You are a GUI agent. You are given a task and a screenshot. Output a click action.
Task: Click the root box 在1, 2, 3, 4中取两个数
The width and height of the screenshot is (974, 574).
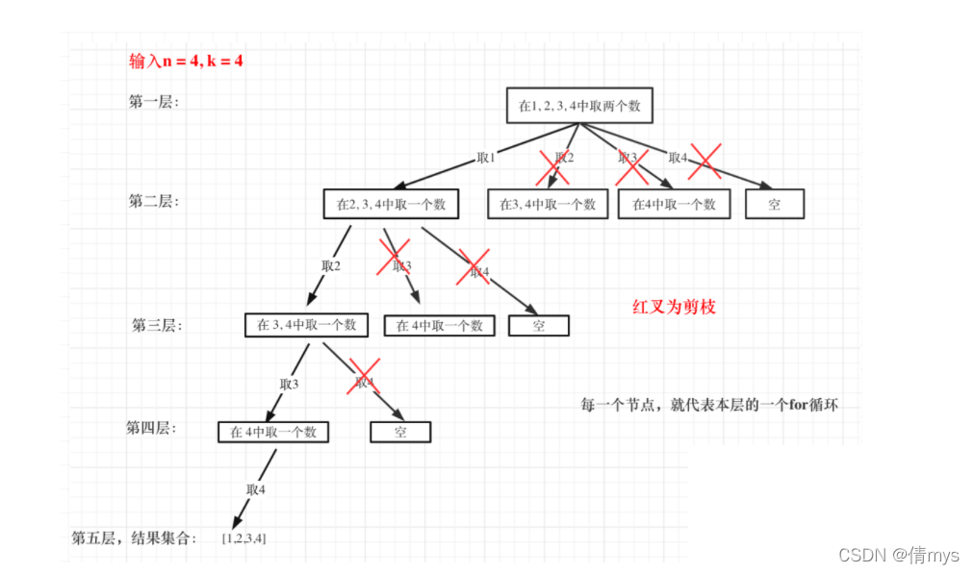pos(579,106)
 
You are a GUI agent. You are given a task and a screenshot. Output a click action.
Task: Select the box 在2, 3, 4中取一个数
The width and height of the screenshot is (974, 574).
pos(391,204)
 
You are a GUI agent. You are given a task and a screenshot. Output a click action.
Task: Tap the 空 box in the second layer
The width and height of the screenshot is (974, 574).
pos(775,204)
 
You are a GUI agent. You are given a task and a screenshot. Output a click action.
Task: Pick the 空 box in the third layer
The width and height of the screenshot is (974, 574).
pos(539,325)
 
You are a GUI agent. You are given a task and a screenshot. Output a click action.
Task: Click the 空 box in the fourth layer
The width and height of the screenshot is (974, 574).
pos(400,432)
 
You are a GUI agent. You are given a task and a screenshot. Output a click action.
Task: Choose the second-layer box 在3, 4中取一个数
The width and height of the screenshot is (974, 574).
pos(548,204)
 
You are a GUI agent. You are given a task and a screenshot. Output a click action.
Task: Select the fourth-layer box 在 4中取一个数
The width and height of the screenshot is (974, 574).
pos(273,432)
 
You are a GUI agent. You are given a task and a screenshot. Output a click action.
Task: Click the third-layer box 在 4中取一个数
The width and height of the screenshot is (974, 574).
pos(440,325)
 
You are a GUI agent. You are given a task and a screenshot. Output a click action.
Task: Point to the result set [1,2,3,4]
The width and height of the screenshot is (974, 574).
pos(243,537)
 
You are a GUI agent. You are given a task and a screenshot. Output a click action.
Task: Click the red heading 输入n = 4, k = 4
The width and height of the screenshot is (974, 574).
pos(187,62)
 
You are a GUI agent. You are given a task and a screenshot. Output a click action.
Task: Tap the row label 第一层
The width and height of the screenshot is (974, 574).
pos(154,101)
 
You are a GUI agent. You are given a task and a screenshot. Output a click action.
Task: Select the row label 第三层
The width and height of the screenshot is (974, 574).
pos(157,325)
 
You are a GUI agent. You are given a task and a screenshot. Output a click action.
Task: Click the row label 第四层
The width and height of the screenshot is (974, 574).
pos(151,428)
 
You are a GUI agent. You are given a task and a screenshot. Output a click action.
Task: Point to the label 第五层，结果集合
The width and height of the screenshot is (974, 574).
pos(134,537)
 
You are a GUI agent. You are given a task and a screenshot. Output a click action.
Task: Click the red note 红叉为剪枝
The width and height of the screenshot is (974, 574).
pos(674,308)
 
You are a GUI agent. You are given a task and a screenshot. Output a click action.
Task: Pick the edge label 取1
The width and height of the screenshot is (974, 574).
pos(486,158)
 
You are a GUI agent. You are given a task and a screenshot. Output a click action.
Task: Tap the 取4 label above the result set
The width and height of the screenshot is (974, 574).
pos(255,489)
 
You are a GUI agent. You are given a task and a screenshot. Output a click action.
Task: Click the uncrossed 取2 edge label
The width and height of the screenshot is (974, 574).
pos(331,265)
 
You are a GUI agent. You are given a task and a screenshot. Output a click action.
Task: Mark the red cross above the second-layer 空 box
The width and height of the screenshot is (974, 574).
pos(705,160)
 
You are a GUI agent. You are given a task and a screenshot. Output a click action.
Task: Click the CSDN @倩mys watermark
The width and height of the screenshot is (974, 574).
pos(899,555)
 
